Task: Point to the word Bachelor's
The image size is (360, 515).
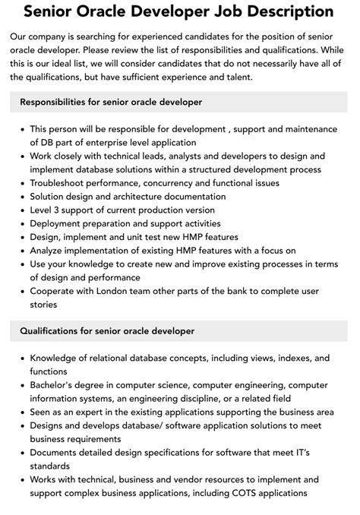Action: [57, 385]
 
